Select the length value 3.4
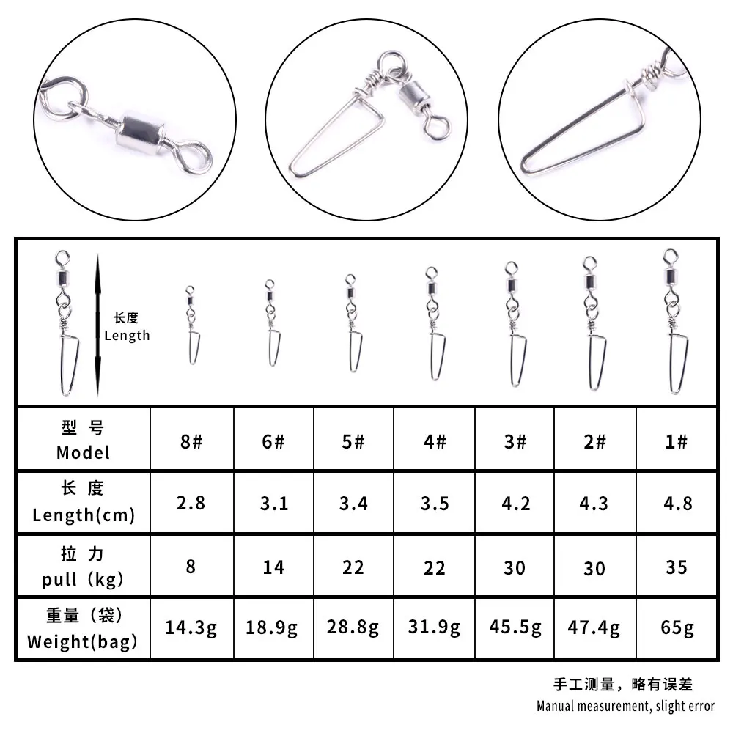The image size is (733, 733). coord(353,504)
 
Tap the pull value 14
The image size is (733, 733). coord(273,567)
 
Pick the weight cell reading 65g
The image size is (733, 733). coord(677,628)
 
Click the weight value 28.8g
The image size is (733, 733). coord(353,627)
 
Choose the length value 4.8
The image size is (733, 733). coord(678,504)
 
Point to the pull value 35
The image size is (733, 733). coord(677,567)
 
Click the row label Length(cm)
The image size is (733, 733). coord(84,515)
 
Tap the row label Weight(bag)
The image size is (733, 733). coord(82,641)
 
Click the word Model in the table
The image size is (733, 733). coord(84,452)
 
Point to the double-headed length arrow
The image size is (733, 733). coord(97,325)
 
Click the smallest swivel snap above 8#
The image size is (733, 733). coord(192,325)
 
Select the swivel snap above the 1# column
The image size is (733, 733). coord(675,322)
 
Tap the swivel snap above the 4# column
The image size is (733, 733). coord(434,323)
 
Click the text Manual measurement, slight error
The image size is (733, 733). coord(625,706)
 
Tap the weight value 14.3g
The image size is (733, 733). coord(191,627)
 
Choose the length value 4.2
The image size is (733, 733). coord(516,504)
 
